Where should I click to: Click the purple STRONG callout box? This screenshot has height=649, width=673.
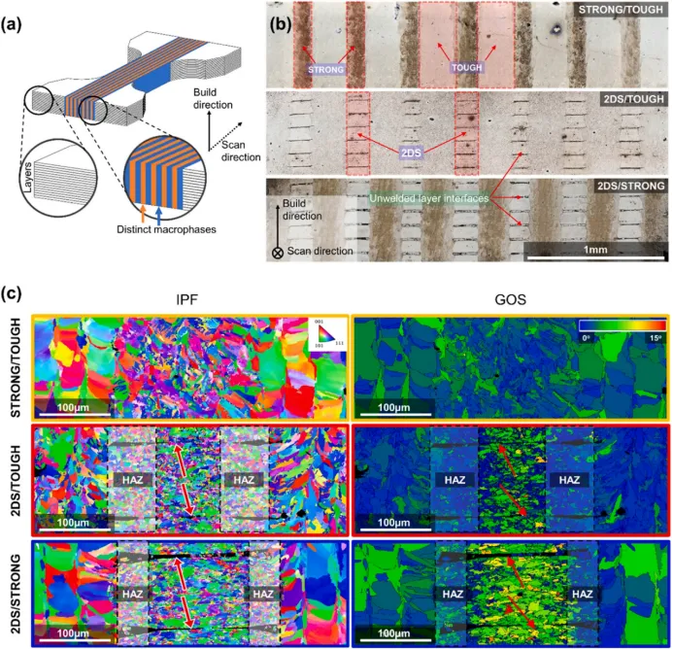click(x=325, y=70)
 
